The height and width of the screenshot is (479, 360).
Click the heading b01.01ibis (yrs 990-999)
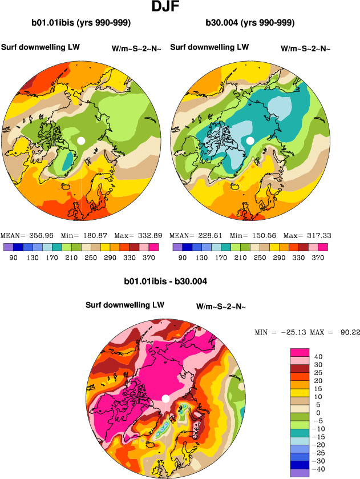click(81, 23)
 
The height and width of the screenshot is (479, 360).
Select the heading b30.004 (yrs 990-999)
click(250, 23)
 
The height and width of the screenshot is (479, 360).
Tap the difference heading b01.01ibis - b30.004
click(165, 281)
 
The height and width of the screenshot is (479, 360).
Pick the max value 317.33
click(315, 235)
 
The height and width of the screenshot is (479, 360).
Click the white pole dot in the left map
click(81, 140)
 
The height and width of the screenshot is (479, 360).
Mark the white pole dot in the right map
click(250, 140)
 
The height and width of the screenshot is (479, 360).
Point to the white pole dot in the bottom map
click(165, 398)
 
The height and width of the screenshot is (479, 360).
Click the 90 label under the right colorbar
click(183, 257)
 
